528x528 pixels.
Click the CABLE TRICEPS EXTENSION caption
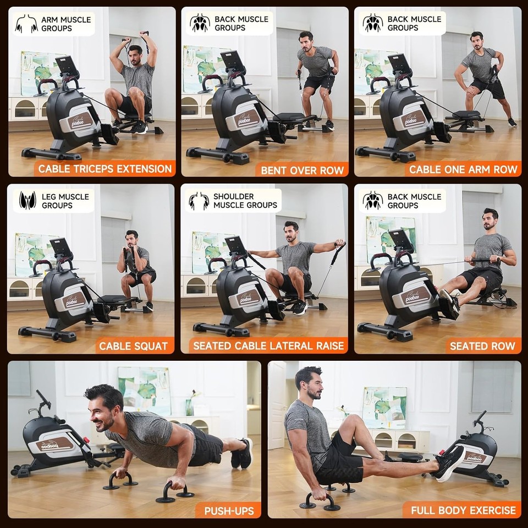(104, 168)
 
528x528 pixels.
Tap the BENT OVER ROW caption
(302, 169)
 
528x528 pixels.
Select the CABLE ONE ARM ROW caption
(463, 169)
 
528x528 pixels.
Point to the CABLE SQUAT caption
(133, 346)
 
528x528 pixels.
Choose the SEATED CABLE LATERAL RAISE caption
(268, 346)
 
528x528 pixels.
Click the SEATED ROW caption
(482, 346)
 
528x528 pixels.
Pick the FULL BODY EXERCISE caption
(463, 510)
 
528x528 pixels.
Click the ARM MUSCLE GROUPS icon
(26, 24)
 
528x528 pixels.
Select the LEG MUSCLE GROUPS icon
(27, 201)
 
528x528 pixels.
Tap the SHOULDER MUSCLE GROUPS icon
(199, 201)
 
